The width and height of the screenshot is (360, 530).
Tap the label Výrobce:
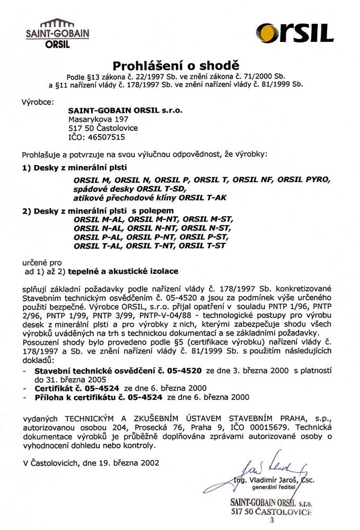coord(37,101)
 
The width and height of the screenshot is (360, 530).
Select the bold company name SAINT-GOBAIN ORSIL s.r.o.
coord(125,111)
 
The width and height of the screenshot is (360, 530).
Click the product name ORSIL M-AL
coord(99,219)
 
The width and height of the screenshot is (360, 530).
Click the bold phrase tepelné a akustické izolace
coord(127,270)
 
